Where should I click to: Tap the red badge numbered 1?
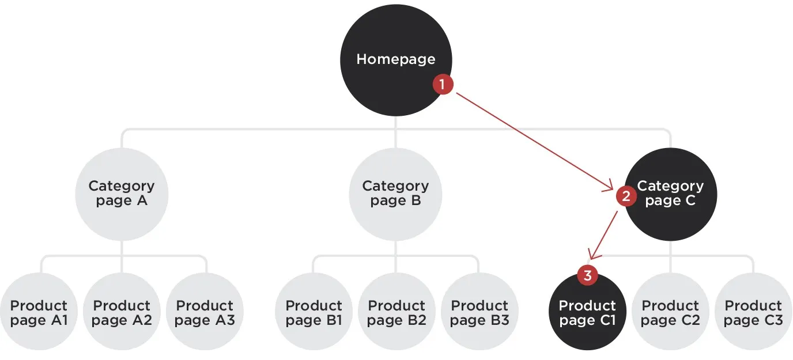coord(443,85)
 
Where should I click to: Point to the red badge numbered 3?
coord(587,276)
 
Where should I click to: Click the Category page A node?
coord(122,194)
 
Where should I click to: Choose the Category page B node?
coord(396,194)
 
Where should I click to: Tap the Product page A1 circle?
coord(39,313)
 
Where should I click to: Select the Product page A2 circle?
coord(122,313)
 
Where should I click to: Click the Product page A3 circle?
coord(205,313)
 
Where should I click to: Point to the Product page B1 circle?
coord(314,313)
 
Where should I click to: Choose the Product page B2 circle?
coord(397,313)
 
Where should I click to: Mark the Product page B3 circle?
coord(480,313)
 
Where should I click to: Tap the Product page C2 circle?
coord(671,313)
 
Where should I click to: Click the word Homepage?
coord(396,59)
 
